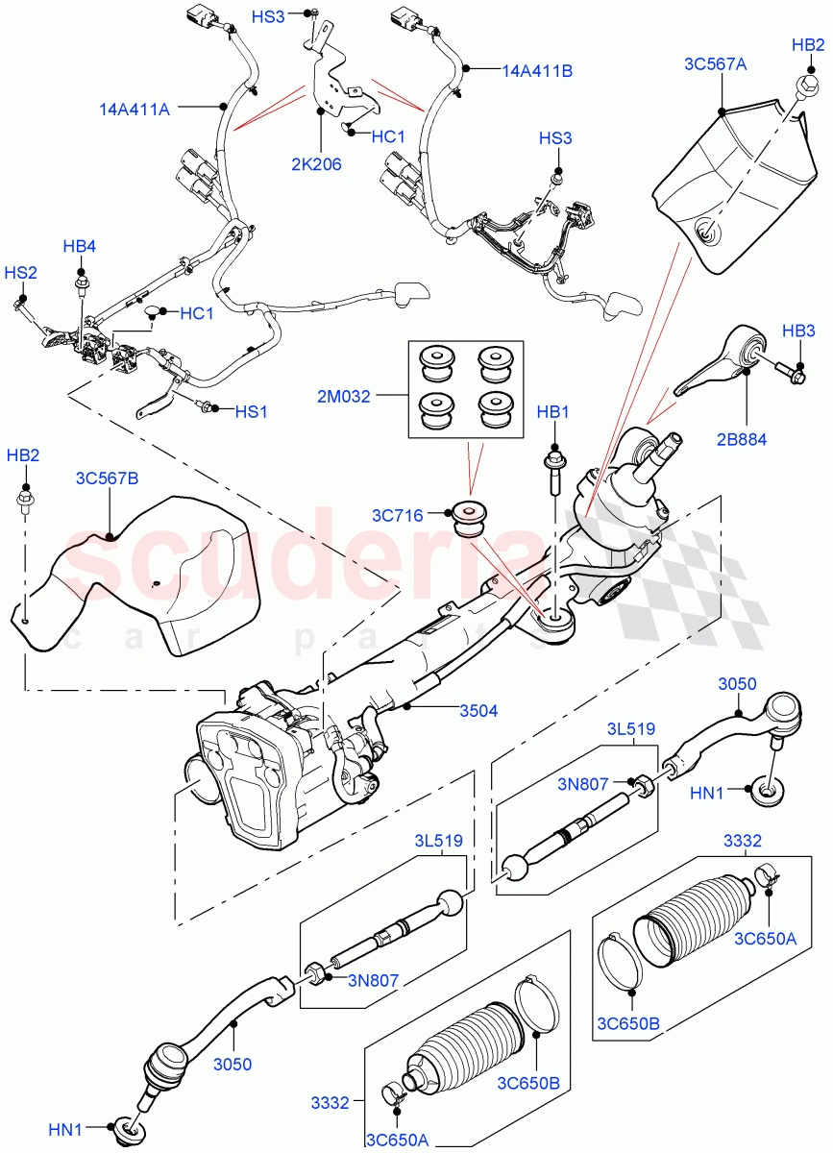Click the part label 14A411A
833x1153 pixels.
pyautogui.click(x=134, y=110)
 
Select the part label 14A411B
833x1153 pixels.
pyautogui.click(x=537, y=70)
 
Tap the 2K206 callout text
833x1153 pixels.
pyautogui.click(x=316, y=164)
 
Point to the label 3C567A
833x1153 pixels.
pyautogui.click(x=715, y=64)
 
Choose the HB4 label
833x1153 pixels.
pyautogui.click(x=80, y=247)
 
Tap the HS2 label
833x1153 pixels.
pyautogui.click(x=20, y=273)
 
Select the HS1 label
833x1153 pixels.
pyautogui.click(x=252, y=410)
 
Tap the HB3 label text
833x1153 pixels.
pyautogui.click(x=797, y=331)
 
